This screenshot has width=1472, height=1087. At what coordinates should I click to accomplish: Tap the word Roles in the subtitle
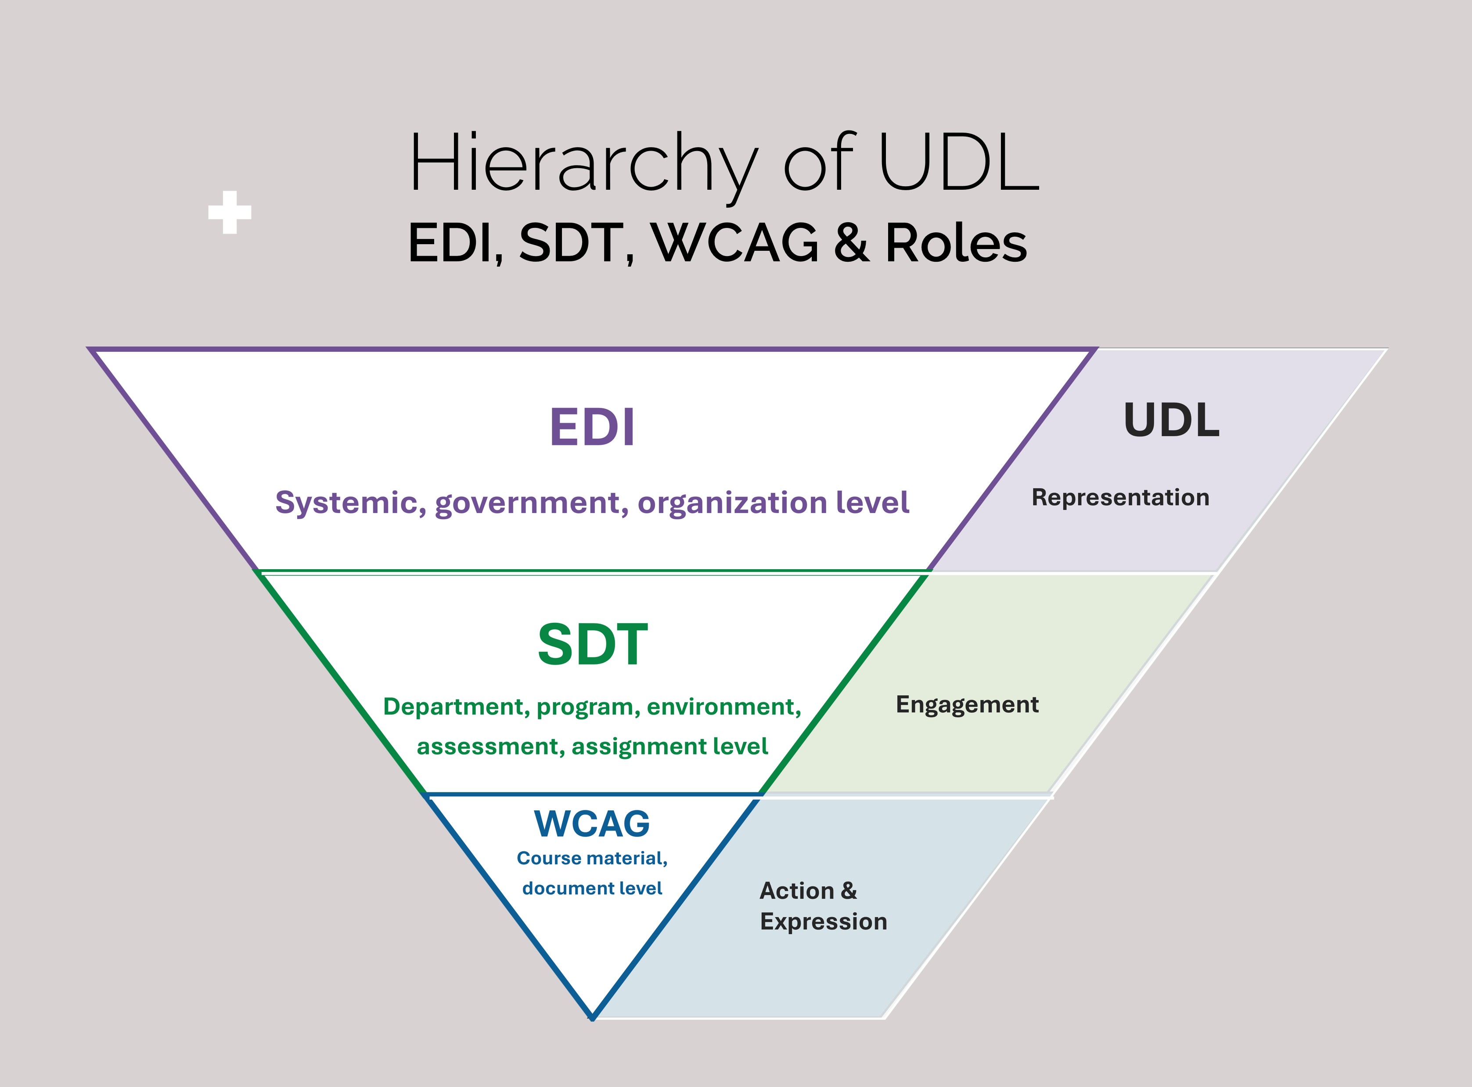click(956, 243)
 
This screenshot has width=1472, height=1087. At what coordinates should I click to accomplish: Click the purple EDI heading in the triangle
click(592, 428)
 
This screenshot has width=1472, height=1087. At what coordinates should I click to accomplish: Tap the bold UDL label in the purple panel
click(1171, 420)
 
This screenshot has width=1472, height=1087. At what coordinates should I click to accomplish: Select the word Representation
click(1120, 498)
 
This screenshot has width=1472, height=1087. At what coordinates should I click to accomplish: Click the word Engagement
click(967, 705)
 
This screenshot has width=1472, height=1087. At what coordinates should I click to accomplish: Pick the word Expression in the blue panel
click(824, 922)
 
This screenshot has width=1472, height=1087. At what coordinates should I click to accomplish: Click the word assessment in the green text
click(487, 747)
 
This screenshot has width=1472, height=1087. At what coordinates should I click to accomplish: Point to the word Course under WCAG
click(549, 858)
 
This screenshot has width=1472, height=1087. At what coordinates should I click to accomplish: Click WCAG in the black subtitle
click(736, 243)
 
